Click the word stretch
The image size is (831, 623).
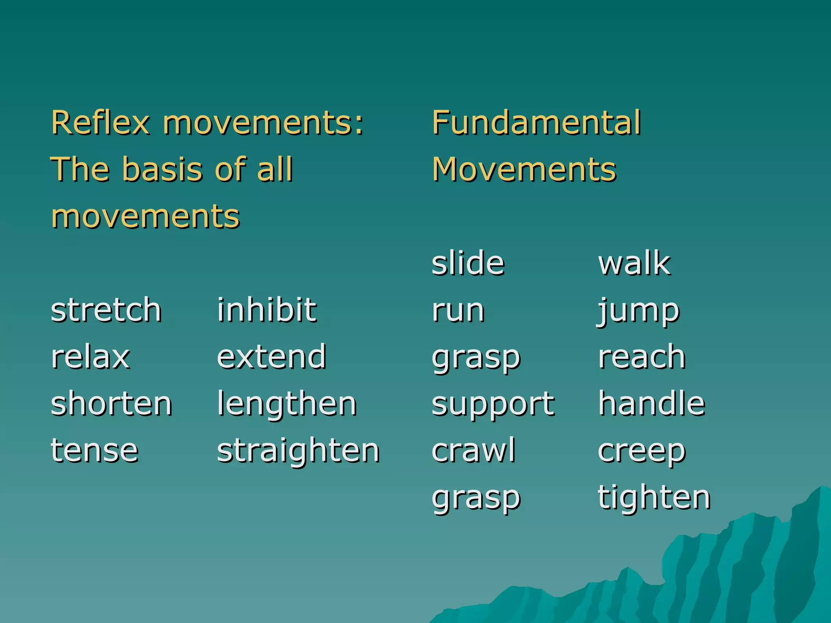coord(106,310)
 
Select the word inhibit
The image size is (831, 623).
coord(267,310)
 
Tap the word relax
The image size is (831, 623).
coord(90,357)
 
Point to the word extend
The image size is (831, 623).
coord(271,357)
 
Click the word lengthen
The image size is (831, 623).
coord(287,405)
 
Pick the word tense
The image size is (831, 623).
coord(95,451)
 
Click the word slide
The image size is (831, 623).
coord(468,263)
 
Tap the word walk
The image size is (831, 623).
coord(634,263)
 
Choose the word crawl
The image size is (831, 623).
coord(474,450)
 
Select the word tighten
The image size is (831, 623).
coord(654,498)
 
